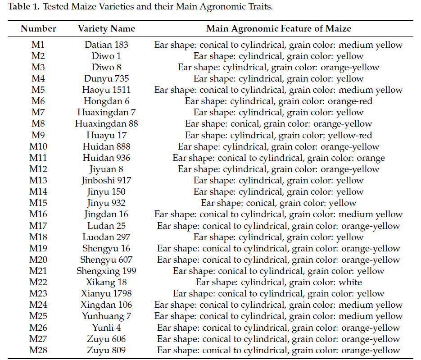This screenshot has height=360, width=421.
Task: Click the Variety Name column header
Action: [x=106, y=28]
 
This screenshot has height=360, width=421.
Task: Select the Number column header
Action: [x=38, y=28]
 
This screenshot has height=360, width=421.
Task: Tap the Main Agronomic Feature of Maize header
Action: [x=278, y=28]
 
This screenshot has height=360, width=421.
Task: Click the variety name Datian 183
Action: [x=106, y=45]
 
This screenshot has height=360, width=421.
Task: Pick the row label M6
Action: [x=38, y=101]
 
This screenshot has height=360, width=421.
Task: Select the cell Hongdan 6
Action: [x=106, y=101]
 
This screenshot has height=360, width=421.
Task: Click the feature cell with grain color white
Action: [x=278, y=283]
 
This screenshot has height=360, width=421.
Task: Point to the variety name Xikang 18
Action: [x=106, y=283]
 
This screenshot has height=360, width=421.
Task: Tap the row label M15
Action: [x=38, y=203]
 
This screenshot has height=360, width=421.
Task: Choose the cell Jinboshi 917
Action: [x=106, y=181]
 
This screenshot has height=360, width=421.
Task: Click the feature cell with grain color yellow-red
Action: [x=278, y=135]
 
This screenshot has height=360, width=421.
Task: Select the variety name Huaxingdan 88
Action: [x=106, y=124]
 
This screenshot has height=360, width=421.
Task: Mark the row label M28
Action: [x=38, y=350]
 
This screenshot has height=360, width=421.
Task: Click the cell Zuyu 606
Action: [x=106, y=339]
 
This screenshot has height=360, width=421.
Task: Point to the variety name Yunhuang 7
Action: [x=106, y=316]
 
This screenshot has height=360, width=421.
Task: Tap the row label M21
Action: [x=38, y=271]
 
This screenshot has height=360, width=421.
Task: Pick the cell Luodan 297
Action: [x=106, y=237]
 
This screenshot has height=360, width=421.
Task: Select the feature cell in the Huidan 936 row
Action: [x=278, y=158]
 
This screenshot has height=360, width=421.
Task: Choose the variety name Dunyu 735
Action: [x=106, y=79]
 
